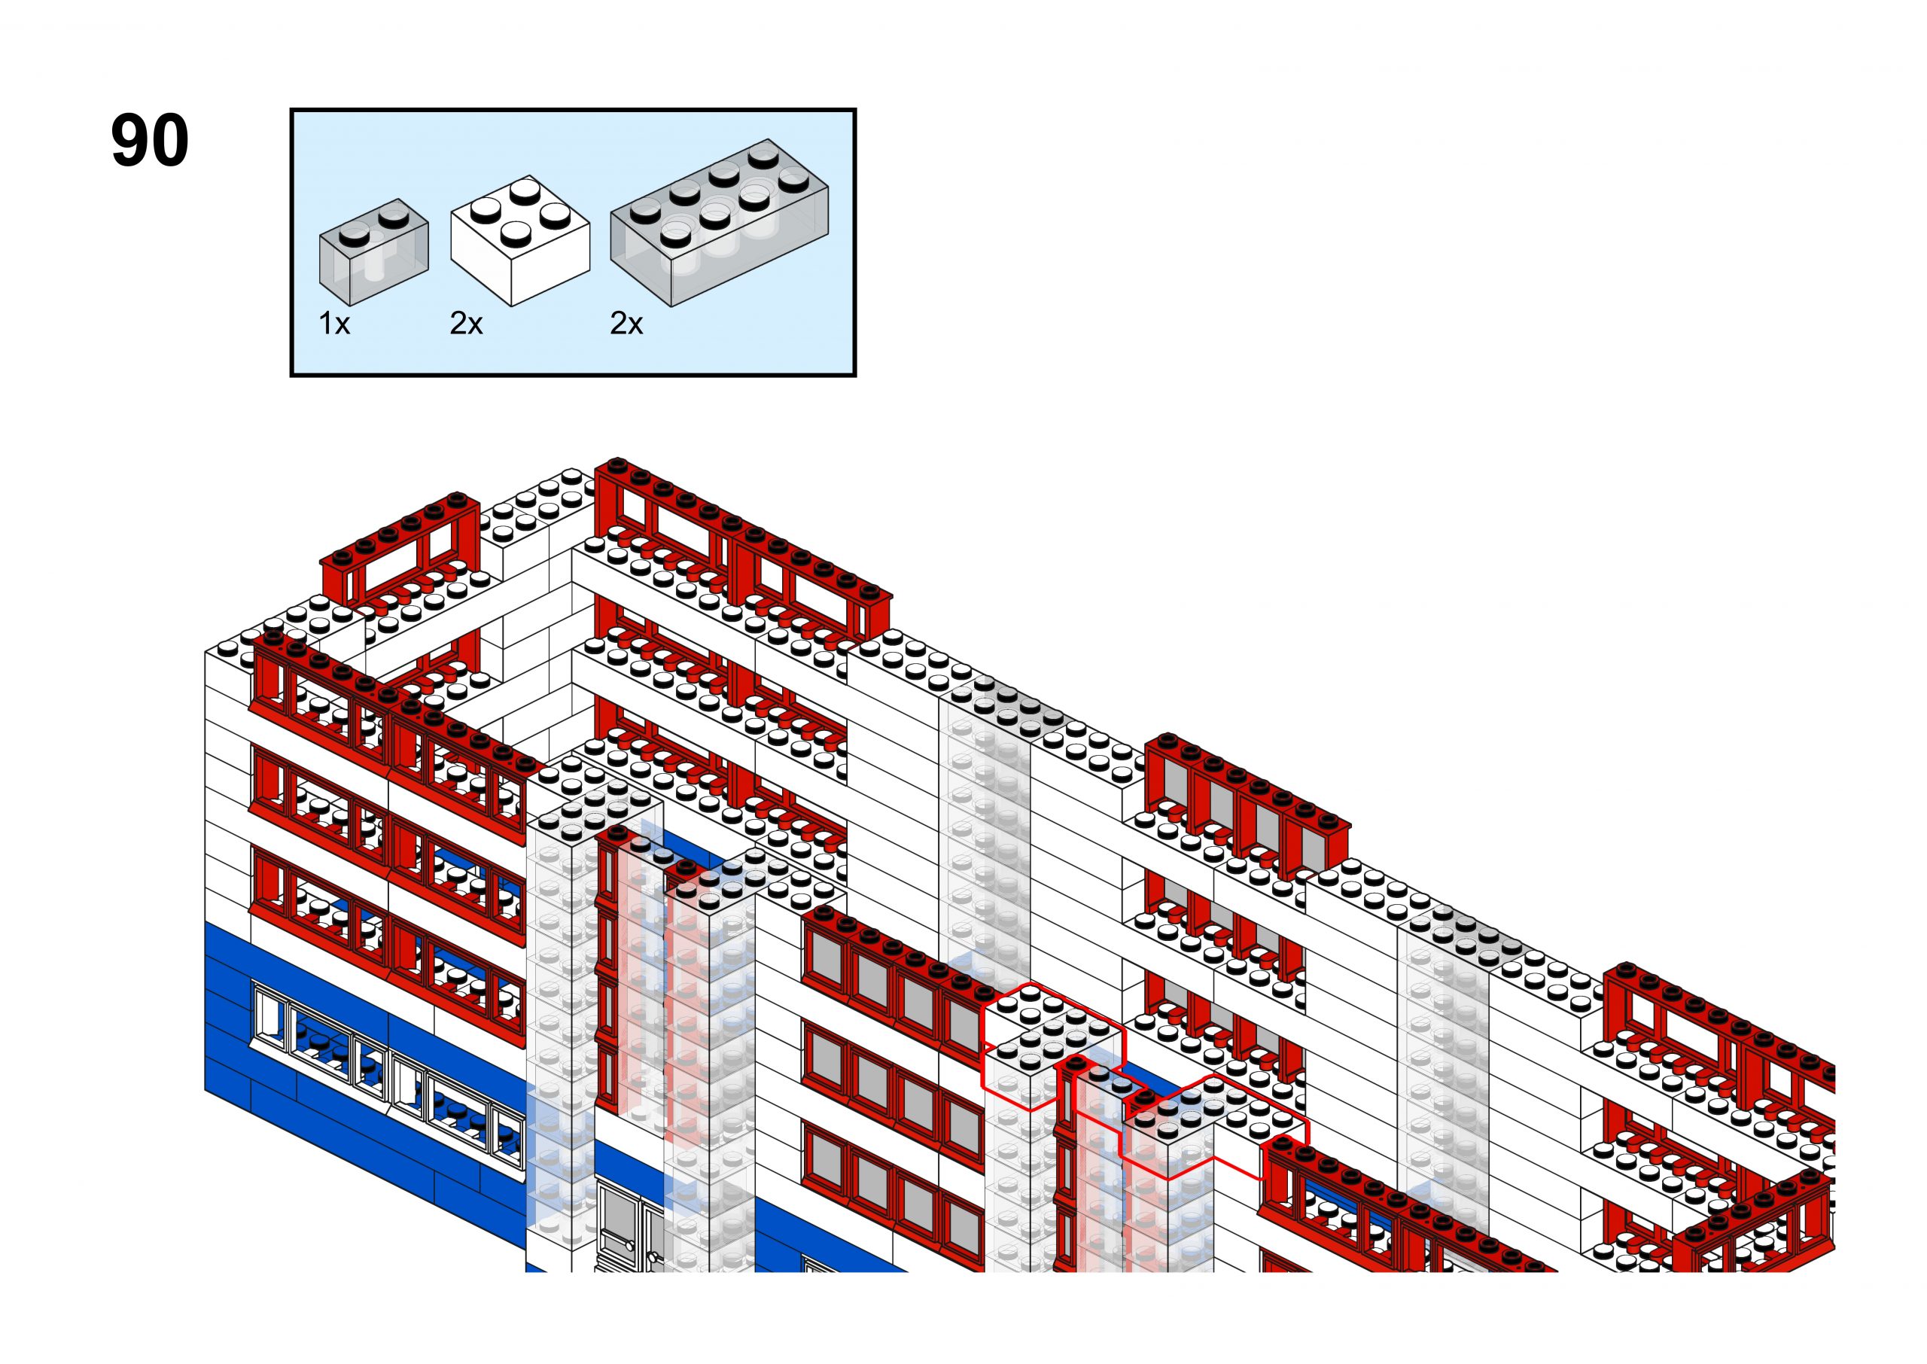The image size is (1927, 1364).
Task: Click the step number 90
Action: tap(150, 140)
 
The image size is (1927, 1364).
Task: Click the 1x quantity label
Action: tap(334, 324)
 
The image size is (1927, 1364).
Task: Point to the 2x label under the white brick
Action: tap(466, 324)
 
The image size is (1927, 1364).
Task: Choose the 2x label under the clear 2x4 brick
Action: tap(626, 324)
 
